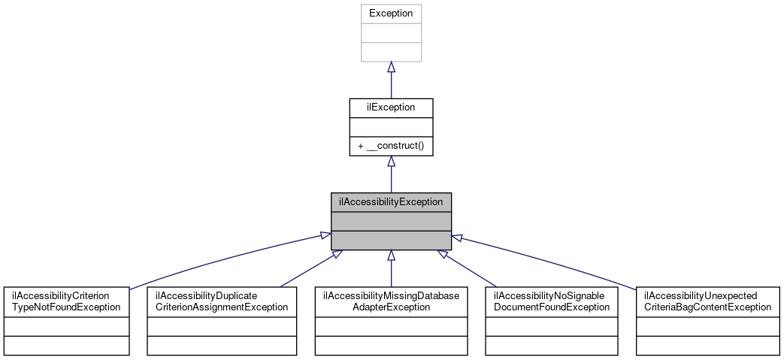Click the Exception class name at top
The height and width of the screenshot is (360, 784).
pyautogui.click(x=391, y=14)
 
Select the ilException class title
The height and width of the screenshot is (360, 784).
pyautogui.click(x=391, y=107)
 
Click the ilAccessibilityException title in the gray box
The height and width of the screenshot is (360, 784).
pyautogui.click(x=391, y=201)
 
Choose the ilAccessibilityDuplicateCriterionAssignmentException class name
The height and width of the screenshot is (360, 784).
pyautogui.click(x=222, y=301)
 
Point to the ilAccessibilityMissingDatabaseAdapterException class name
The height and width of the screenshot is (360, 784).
pyautogui.click(x=391, y=301)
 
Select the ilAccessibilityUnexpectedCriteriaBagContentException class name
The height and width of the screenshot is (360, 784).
pyautogui.click(x=707, y=301)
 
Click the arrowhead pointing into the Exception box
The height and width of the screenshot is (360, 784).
pyautogui.click(x=391, y=68)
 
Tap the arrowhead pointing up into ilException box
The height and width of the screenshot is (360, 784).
pyautogui.click(x=391, y=162)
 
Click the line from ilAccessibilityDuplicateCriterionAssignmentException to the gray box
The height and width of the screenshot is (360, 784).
pyautogui.click(x=308, y=269)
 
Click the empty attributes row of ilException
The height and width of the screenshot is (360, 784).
pyautogui.click(x=391, y=127)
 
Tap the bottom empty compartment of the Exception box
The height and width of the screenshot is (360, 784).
pyautogui.click(x=391, y=52)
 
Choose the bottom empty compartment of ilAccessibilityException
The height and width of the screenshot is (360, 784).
pyautogui.click(x=391, y=239)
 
